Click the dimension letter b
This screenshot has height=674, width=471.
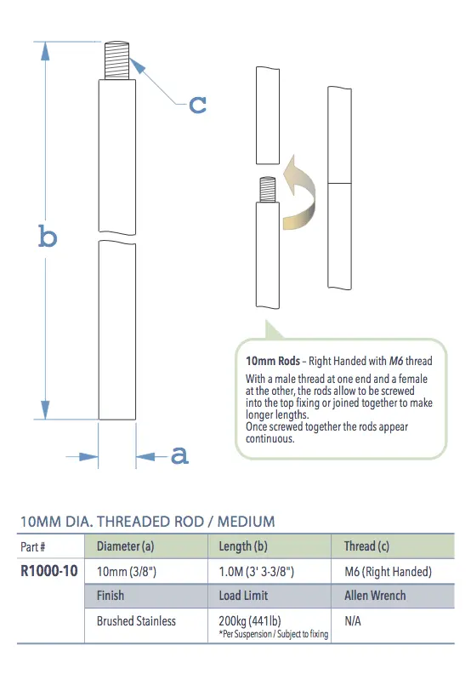(x=48, y=236)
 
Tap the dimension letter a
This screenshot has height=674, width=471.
(x=179, y=456)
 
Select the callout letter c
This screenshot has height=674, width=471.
(x=197, y=104)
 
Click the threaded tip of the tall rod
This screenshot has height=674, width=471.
(x=117, y=63)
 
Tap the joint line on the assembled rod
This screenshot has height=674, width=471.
(x=342, y=182)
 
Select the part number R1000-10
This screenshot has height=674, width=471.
(x=48, y=571)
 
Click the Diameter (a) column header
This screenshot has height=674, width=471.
(x=126, y=546)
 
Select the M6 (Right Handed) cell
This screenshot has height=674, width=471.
(x=388, y=571)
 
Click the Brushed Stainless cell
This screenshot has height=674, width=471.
(x=136, y=621)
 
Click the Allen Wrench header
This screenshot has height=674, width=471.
(x=375, y=596)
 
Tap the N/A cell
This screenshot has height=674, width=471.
(x=353, y=621)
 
